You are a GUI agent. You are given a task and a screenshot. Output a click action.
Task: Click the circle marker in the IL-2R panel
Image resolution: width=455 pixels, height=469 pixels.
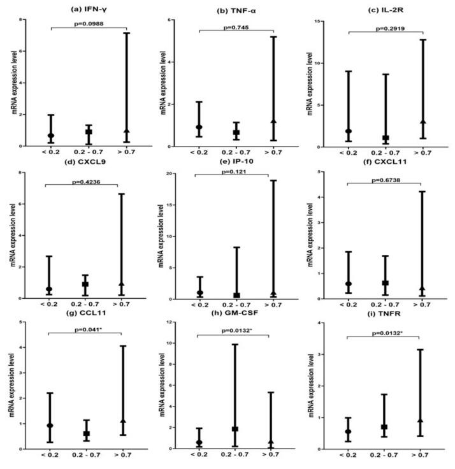(348, 131)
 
